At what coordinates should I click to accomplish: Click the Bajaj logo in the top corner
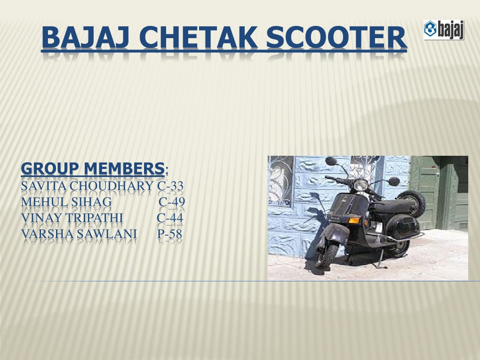point(444,30)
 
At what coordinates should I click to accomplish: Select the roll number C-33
point(170,186)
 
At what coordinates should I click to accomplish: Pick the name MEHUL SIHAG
point(66,202)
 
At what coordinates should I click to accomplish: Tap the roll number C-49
point(172,202)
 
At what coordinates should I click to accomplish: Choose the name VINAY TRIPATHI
point(72,218)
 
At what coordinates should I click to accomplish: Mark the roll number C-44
point(170,218)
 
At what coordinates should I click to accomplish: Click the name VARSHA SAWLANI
point(79,234)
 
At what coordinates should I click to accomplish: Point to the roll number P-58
point(170,234)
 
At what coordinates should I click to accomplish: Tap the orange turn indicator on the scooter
point(353,220)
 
